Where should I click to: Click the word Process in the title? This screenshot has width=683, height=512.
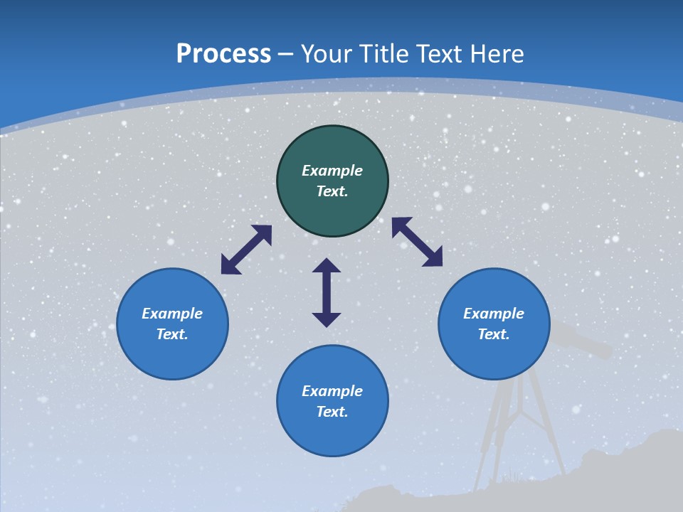point(223,54)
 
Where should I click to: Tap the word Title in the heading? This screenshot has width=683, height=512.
point(384,54)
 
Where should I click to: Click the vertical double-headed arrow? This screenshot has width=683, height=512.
point(327,292)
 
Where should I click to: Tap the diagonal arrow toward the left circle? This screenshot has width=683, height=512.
point(246,250)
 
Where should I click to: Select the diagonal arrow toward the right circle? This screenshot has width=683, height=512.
point(417,242)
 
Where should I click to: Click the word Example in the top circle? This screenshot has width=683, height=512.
point(332,171)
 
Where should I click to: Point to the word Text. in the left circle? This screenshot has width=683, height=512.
point(172,334)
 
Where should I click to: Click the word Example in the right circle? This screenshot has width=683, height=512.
point(494,314)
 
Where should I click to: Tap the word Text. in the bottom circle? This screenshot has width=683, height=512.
point(332,412)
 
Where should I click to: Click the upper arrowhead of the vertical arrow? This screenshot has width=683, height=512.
point(327,265)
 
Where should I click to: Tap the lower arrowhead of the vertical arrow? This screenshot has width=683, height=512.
point(327,319)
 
